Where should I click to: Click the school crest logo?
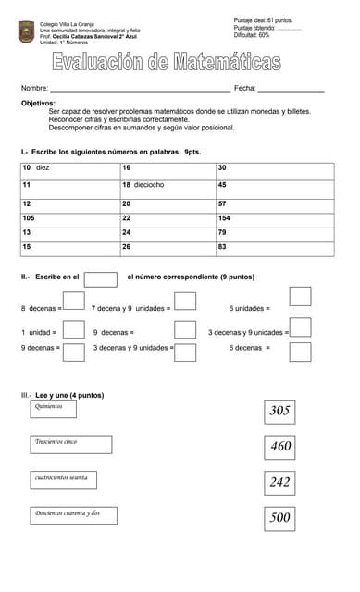[26, 31]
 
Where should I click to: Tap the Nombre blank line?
[139, 88]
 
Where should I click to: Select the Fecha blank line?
[291, 88]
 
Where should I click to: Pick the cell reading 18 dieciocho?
[167, 185]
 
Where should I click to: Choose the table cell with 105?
[69, 218]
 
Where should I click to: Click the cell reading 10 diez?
[69, 168]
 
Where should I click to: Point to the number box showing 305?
[279, 411]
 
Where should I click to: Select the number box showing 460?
[279, 447]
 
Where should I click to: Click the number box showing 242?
[279, 482]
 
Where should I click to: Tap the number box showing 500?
[279, 518]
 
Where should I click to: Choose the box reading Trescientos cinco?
[72, 443]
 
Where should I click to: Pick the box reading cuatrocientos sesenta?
[72, 478]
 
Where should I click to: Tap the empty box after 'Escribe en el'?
[101, 278]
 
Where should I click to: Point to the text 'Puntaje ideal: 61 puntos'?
[263, 19]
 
